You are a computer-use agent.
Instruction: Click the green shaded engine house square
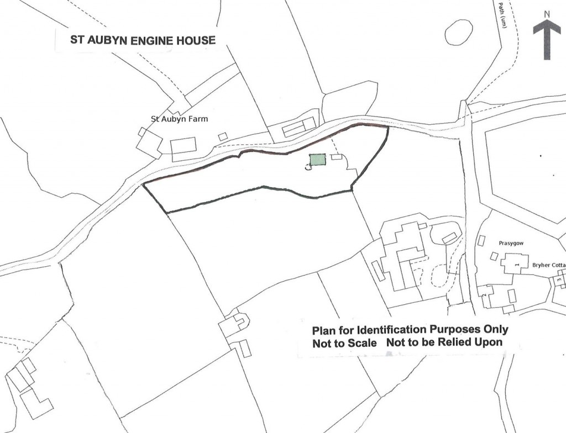click(317, 160)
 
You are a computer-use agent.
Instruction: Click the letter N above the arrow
click(546, 15)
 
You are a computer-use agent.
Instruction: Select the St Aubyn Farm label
click(180, 119)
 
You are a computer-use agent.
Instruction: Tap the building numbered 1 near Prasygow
click(516, 264)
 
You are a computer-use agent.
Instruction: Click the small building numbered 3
click(559, 281)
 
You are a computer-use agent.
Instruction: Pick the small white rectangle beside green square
click(336, 157)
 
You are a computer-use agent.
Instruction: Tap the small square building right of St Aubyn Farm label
click(222, 136)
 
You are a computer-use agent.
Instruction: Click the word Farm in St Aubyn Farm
click(198, 119)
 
